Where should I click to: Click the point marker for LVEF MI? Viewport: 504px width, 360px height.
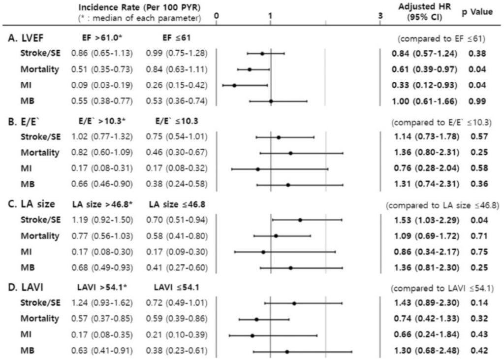pyautogui.click(x=234, y=85)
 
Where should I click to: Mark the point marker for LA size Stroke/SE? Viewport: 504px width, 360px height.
pyautogui.click(x=300, y=220)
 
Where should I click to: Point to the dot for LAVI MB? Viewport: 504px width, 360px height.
pyautogui.click(x=287, y=352)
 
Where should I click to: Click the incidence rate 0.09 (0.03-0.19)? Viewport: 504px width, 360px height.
pyautogui.click(x=102, y=85)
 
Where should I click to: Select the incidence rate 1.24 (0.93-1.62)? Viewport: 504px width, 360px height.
pyautogui.click(x=102, y=302)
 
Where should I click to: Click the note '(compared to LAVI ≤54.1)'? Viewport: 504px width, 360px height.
pyautogui.click(x=443, y=287)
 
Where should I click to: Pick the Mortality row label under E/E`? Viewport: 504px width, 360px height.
pyautogui.click(x=39, y=153)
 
